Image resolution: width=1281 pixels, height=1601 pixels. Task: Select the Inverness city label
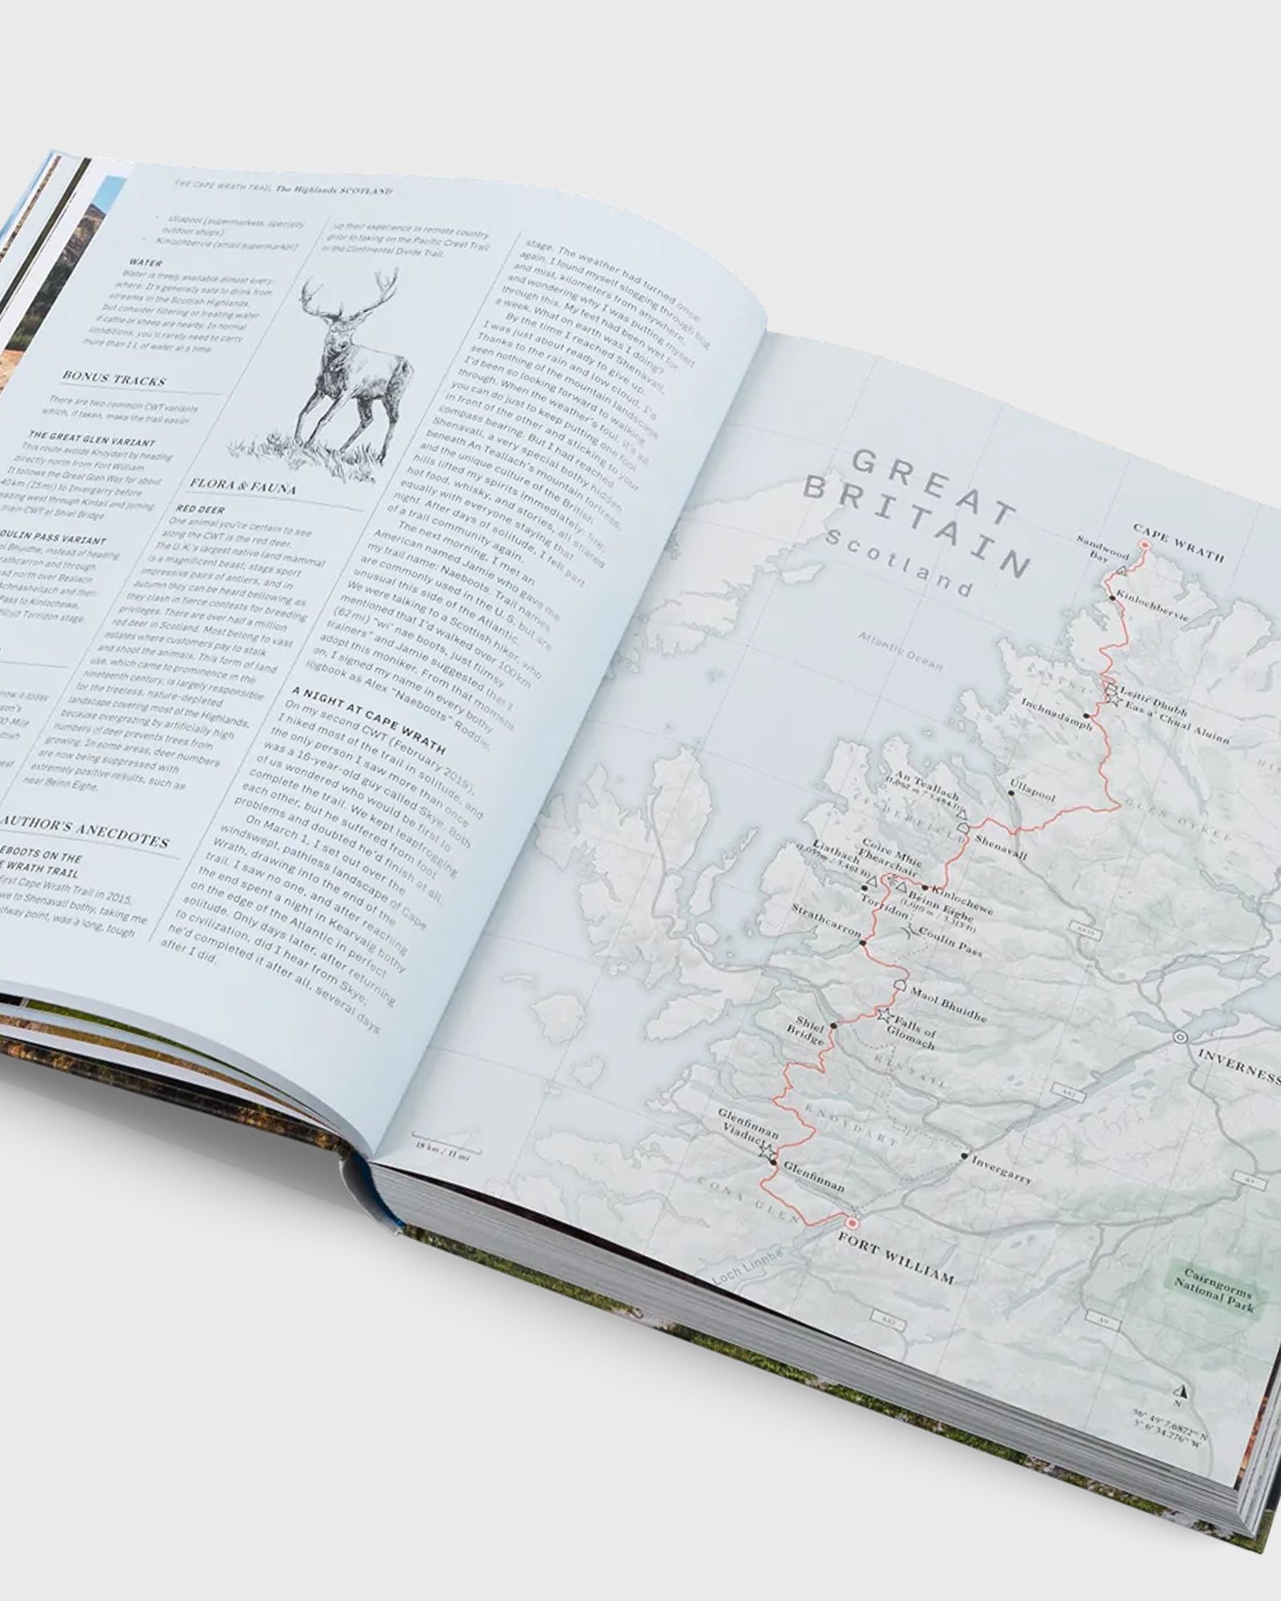[1237, 1067]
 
